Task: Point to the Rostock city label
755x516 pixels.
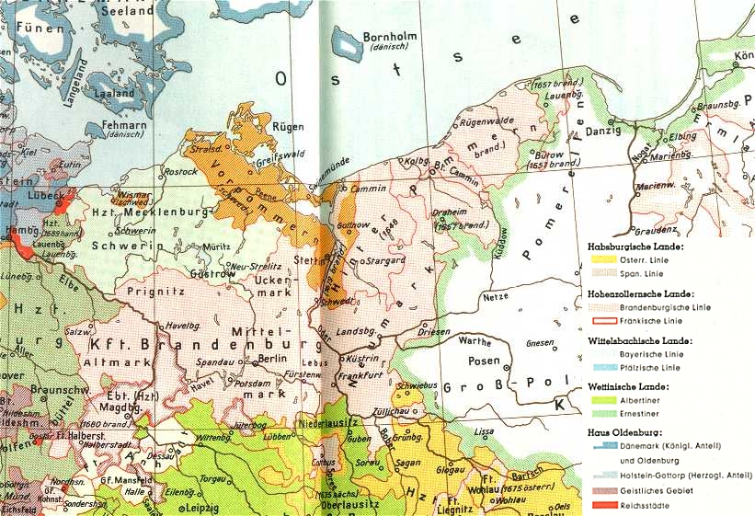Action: (x=179, y=172)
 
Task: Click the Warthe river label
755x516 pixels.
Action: (x=475, y=341)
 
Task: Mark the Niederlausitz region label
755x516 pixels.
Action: (x=328, y=424)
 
